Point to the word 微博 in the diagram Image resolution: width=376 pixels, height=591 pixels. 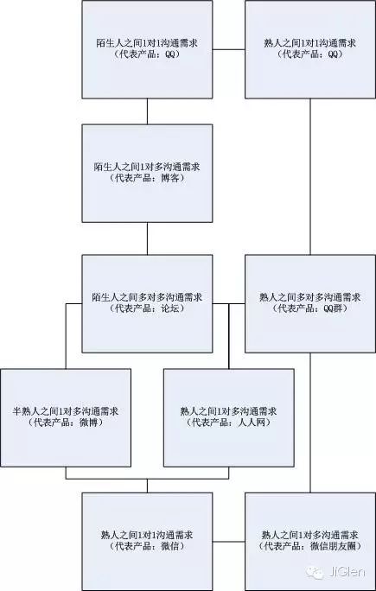(x=89, y=423)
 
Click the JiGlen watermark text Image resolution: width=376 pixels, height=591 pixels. (x=346, y=573)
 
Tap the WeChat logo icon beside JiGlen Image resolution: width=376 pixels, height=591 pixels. (x=315, y=573)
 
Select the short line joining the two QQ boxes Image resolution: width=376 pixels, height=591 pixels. (x=228, y=49)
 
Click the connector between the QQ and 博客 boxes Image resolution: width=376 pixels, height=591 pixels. (x=147, y=111)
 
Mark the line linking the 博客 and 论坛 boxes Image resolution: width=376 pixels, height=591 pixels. (x=147, y=238)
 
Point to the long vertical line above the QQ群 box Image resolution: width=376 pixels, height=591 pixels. (x=310, y=177)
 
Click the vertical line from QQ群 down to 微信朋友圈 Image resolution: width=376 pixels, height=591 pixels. (x=310, y=423)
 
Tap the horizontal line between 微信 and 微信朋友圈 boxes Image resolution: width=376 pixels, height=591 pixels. (x=228, y=542)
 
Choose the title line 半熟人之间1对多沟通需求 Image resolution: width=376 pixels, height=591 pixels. (x=66, y=411)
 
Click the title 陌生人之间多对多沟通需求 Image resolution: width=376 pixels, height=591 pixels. (x=148, y=297)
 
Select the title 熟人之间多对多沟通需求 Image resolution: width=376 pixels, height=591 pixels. (x=310, y=297)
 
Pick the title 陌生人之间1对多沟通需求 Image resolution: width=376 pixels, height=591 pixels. (x=147, y=168)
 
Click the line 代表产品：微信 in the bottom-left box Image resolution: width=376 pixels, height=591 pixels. (x=147, y=547)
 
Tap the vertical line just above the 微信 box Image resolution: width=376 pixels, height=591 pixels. (x=147, y=486)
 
